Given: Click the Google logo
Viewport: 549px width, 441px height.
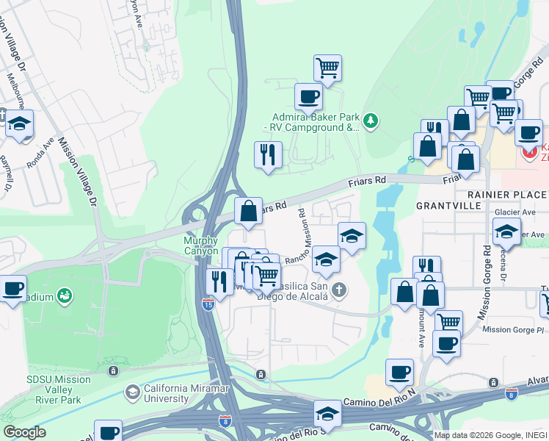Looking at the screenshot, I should pos(24,432).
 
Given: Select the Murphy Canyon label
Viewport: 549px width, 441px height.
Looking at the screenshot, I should pos(200,245).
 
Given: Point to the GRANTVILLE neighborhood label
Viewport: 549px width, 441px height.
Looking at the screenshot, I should pos(447,206).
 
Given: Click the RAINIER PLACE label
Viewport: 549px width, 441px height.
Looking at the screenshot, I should pos(507,194).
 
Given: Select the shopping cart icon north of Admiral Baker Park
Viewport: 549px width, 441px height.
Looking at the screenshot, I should pos(327,68).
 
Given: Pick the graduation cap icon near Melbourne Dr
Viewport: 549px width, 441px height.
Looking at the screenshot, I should pos(20,123).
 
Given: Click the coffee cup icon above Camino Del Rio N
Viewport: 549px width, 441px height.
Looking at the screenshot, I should pos(399,372).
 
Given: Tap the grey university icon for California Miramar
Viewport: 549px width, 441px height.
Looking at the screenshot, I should pos(131,393).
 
